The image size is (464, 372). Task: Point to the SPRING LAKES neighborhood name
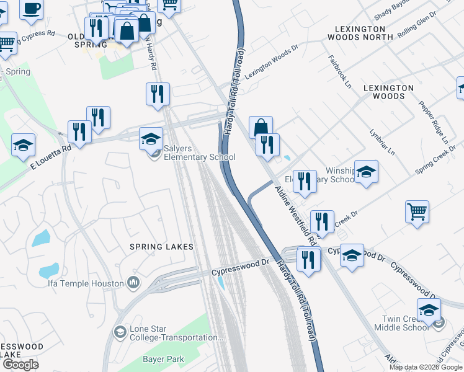[161, 247]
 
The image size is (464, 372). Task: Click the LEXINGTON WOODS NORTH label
[364, 33]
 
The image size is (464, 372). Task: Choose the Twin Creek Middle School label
[406, 322]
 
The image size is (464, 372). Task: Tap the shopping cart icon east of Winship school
[417, 211]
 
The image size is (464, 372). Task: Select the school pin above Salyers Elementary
[151, 139]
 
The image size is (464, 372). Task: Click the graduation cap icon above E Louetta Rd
[24, 145]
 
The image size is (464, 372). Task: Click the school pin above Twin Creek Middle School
[428, 309]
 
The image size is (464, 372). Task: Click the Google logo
[20, 365]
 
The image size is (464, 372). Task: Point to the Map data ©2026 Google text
[426, 367]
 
